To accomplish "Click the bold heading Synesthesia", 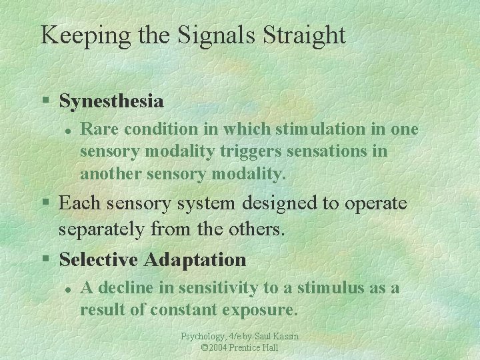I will [x=111, y=101].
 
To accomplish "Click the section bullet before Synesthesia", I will [x=46, y=102].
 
